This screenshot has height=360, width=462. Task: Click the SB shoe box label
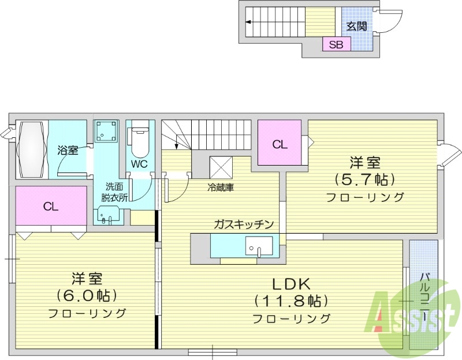(x=336, y=44)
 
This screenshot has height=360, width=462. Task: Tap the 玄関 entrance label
(x=357, y=26)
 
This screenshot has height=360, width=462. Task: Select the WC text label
(x=139, y=164)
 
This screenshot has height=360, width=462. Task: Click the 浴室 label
(x=68, y=151)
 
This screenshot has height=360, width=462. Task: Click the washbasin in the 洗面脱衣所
(x=107, y=217)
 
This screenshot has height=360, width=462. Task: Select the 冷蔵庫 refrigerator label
(x=221, y=187)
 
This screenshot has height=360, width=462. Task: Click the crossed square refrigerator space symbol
(x=221, y=167)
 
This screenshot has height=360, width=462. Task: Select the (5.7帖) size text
(x=364, y=178)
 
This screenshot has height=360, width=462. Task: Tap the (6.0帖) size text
(x=87, y=296)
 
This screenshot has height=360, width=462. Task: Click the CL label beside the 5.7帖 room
(x=280, y=145)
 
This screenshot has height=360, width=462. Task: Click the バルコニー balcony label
(x=424, y=298)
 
